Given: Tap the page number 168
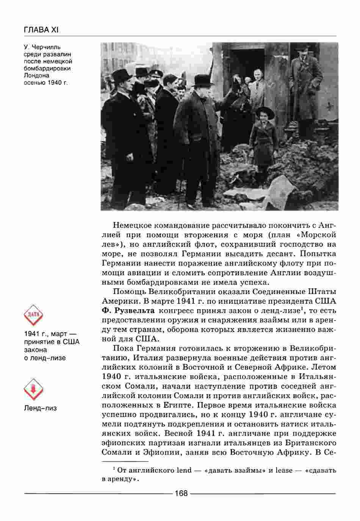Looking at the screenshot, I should pos(181,493).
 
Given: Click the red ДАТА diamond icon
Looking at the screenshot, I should pos(33,314).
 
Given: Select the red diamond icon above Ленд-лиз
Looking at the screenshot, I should pos(33,389).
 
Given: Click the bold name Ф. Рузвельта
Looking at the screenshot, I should pos(128,311).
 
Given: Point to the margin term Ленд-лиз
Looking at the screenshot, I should pos(40,408).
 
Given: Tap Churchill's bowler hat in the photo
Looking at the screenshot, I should pos(203,80).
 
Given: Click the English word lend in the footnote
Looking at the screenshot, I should pos(184,470).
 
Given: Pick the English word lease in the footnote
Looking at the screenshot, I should pos(284,470).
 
